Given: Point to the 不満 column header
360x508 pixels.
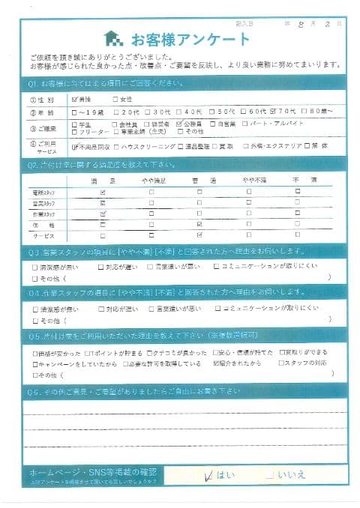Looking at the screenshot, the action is click(298, 181).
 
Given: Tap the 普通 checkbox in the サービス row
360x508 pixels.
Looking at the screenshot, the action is click(199, 235).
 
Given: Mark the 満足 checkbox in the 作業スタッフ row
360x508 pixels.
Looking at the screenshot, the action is click(103, 214).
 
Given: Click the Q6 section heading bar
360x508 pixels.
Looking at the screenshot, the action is click(180, 391).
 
